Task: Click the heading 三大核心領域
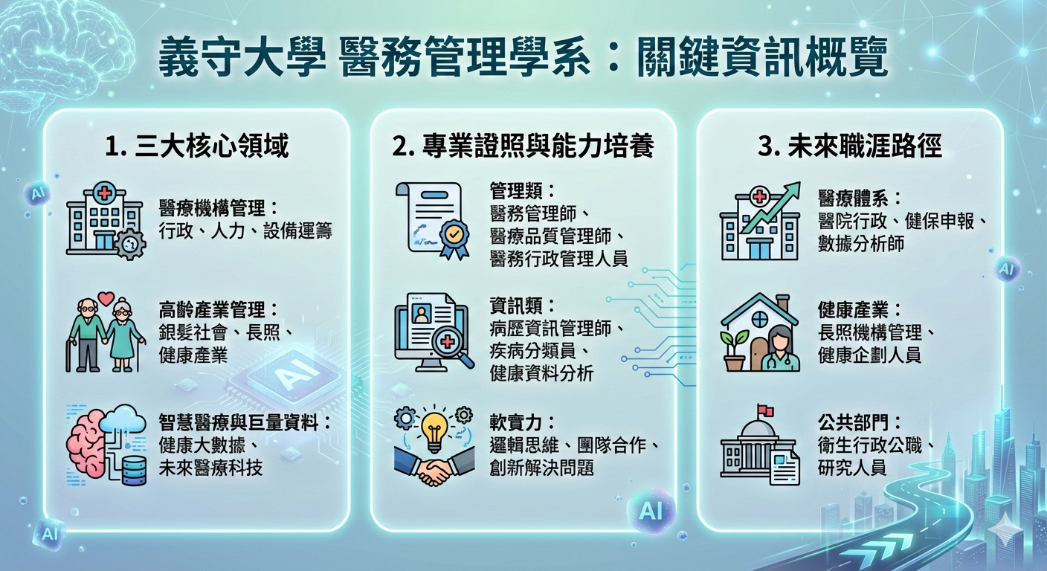coord(196,146)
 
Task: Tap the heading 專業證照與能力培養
coord(523,146)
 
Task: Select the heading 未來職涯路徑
coord(849,146)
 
